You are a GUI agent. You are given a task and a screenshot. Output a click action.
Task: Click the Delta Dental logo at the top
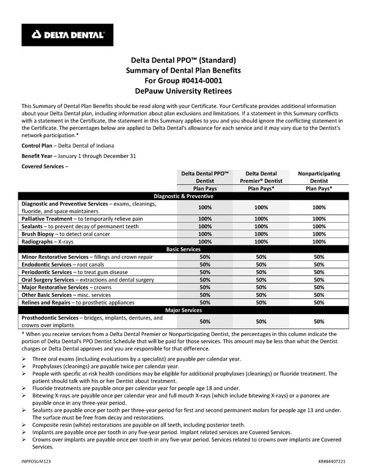coord(67,35)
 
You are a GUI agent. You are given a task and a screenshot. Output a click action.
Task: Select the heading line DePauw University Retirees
coord(183,91)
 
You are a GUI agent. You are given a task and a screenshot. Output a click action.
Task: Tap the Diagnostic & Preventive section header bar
coord(183,196)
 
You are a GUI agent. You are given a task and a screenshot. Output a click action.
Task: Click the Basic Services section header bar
coord(183,250)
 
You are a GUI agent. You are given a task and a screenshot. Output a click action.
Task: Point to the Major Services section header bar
coord(183,310)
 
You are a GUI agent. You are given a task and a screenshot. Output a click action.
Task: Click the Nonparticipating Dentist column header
coord(319,178)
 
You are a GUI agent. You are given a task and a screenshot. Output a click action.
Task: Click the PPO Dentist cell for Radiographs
coord(205,242)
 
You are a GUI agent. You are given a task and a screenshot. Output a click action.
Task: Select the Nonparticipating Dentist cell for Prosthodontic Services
coord(319,321)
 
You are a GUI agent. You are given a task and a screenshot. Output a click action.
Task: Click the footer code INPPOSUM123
coord(37,460)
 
